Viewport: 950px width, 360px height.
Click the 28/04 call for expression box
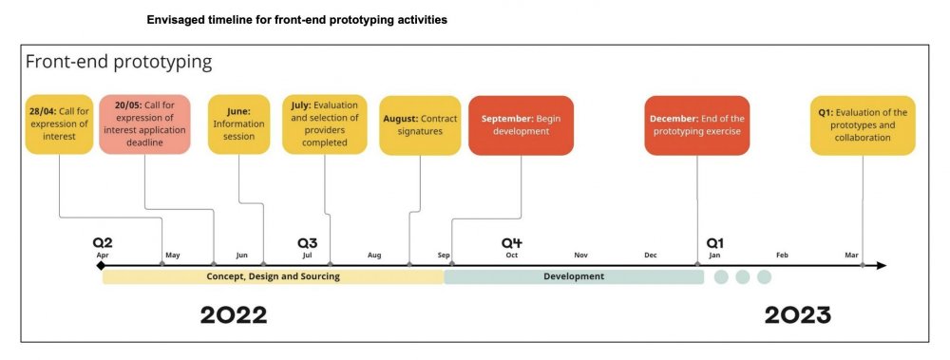coord(59,124)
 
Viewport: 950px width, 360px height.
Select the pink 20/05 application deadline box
coord(144,124)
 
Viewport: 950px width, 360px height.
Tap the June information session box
coord(238,124)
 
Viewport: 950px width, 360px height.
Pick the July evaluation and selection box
coord(325,124)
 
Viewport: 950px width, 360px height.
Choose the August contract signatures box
coord(420,125)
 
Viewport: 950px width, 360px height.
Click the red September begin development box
coord(521,125)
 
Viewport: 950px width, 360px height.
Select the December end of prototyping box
coord(696,125)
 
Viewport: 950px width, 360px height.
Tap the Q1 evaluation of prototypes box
coord(863,125)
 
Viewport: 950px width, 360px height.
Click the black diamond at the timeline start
coord(101,265)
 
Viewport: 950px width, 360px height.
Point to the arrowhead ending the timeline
coord(881,265)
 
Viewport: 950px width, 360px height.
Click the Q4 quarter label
coord(511,243)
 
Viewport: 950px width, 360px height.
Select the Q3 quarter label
coord(307,243)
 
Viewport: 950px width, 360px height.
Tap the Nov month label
coord(581,256)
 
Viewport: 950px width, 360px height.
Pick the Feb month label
coord(782,256)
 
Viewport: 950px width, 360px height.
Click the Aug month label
coord(374,256)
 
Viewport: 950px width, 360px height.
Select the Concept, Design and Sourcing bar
coord(274,277)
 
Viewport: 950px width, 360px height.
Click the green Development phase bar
coord(574,277)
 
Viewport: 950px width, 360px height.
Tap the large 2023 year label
coord(797,315)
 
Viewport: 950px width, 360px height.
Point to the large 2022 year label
coord(234,315)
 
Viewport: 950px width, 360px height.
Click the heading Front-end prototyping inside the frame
coord(119,62)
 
